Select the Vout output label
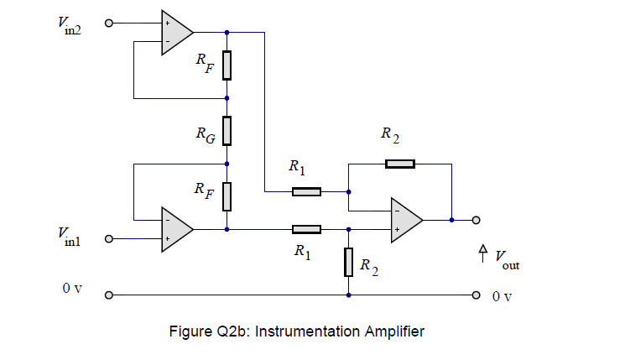(507, 259)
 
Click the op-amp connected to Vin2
(176, 33)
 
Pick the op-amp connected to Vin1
(176, 228)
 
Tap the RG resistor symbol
(227, 131)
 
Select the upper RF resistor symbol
(227, 65)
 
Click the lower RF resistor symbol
(227, 196)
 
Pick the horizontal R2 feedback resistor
(399, 163)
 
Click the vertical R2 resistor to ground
(348, 263)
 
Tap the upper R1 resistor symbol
(306, 192)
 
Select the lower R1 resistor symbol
(306, 228)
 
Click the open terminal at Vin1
(107, 239)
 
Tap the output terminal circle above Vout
(476, 221)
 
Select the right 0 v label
(502, 296)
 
